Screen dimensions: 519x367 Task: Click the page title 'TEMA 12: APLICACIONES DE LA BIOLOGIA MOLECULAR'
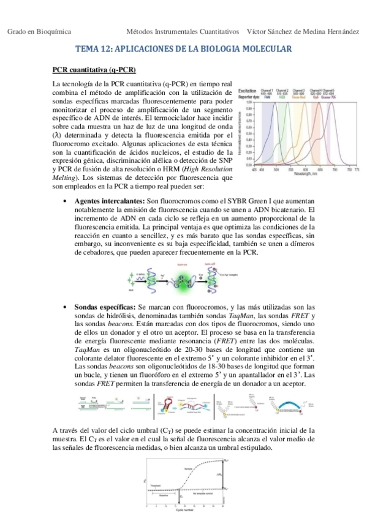coord(183,48)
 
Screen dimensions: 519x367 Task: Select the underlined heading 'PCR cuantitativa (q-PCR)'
coord(94,69)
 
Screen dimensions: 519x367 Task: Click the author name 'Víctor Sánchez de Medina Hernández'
coord(303,31)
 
